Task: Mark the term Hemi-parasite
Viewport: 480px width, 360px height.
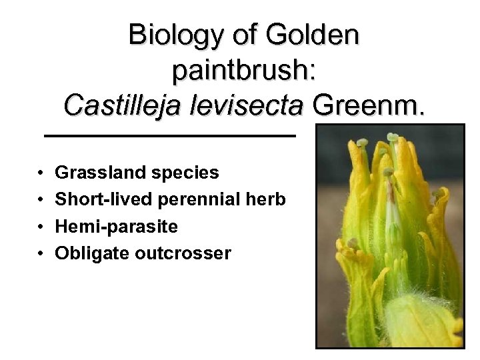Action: coord(116,227)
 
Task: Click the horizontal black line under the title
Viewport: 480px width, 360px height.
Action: coord(169,136)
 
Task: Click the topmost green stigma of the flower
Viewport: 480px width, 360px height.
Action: coord(393,138)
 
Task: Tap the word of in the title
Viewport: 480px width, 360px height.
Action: coord(248,34)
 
